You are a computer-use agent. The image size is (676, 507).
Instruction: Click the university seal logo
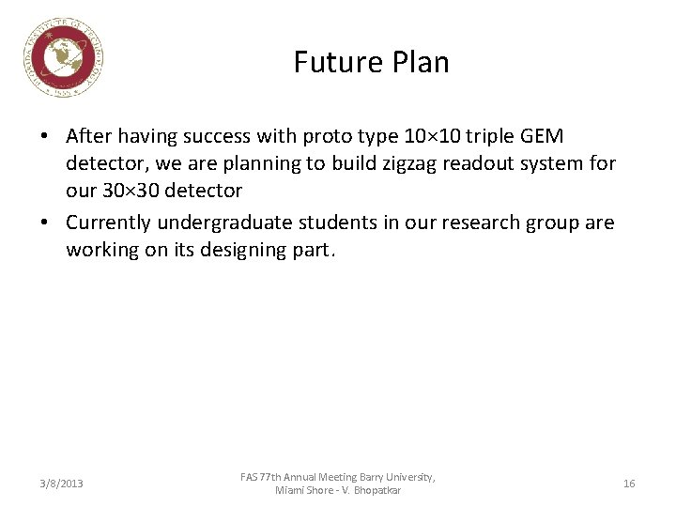(64, 58)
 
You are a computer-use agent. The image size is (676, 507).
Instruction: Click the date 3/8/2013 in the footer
(61, 484)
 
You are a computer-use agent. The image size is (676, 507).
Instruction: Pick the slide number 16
(629, 484)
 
